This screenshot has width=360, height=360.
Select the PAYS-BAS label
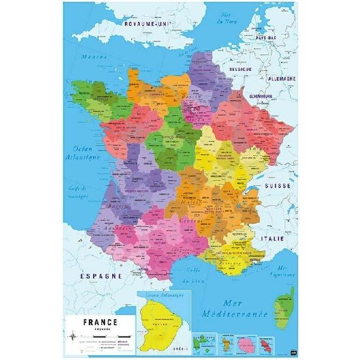coord(268,38)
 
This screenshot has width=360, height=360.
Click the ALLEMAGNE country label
coord(278,79)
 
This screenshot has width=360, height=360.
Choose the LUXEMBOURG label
coord(261,96)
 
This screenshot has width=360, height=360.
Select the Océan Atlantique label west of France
coord(82,154)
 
